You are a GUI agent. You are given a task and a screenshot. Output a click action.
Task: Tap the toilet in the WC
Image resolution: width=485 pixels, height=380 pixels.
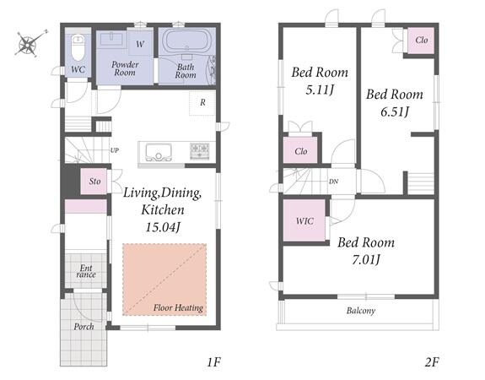(x=78, y=47)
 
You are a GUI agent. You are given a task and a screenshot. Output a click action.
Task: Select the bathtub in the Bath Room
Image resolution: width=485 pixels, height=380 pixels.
(x=187, y=41)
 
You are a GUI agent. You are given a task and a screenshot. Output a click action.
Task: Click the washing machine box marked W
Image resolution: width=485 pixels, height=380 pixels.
(x=140, y=44)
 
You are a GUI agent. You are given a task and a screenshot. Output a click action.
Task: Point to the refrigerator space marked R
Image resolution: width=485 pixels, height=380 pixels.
(x=202, y=103)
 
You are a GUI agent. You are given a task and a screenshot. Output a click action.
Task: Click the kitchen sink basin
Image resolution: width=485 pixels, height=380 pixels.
(x=159, y=152)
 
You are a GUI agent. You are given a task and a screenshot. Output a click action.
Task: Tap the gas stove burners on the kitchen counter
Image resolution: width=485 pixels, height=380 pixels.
(x=199, y=151)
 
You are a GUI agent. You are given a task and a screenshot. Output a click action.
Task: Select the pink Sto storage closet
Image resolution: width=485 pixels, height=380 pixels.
(x=94, y=182)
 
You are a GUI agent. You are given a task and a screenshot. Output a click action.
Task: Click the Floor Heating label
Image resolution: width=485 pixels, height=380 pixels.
(x=179, y=307)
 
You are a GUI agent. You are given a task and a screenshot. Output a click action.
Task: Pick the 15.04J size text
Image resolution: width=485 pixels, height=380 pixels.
(x=163, y=227)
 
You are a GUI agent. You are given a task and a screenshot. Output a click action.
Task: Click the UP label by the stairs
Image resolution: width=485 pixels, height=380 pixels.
(x=115, y=150)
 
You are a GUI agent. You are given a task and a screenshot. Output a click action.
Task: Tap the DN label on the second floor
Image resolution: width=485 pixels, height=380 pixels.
(x=333, y=182)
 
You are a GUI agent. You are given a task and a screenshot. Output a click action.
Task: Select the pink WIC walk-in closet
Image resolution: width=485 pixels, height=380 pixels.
(x=304, y=220)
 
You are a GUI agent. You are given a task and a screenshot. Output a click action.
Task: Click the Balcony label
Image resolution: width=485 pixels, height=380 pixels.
(x=361, y=310)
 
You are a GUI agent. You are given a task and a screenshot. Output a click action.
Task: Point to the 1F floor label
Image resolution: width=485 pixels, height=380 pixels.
(x=214, y=361)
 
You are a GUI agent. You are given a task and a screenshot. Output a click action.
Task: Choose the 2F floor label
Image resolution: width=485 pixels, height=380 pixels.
(x=432, y=361)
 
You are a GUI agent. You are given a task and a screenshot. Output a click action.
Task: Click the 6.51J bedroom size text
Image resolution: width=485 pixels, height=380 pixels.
(x=395, y=111)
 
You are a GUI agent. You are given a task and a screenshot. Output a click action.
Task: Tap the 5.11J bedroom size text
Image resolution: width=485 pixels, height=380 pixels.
(x=320, y=90)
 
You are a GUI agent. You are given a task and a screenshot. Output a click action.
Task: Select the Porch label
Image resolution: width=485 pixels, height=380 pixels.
(x=84, y=327)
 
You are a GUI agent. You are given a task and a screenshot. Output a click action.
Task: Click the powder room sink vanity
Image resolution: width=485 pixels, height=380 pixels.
(x=111, y=39)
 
